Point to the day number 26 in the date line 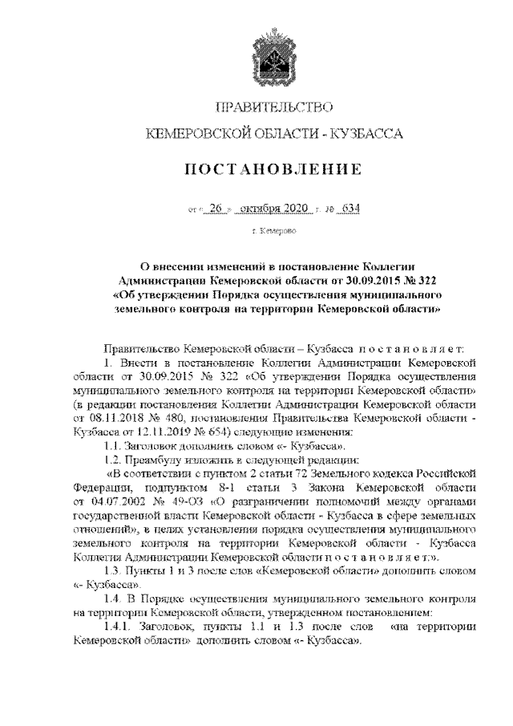(x=213, y=209)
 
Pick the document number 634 (x=346, y=209)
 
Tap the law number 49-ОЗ (x=177, y=499)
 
